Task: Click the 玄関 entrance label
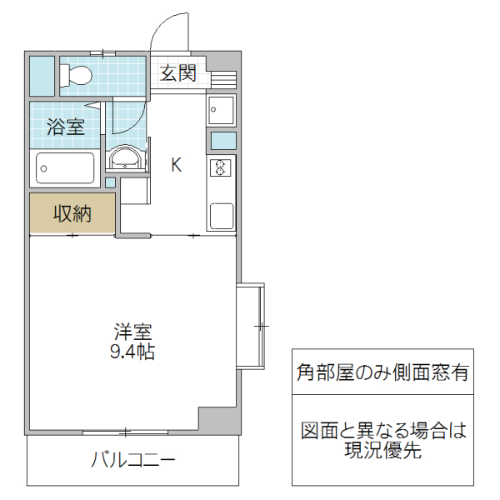tap(177, 73)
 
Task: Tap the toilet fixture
tap(77, 76)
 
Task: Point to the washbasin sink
tap(126, 158)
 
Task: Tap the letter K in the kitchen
tap(176, 164)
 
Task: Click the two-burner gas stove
tap(222, 168)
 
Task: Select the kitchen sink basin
tap(222, 108)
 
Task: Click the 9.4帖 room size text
tap(132, 352)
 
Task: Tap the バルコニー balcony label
tap(132, 459)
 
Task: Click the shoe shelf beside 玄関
tap(221, 79)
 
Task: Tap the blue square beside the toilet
tap(41, 76)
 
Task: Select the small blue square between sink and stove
tap(222, 139)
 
